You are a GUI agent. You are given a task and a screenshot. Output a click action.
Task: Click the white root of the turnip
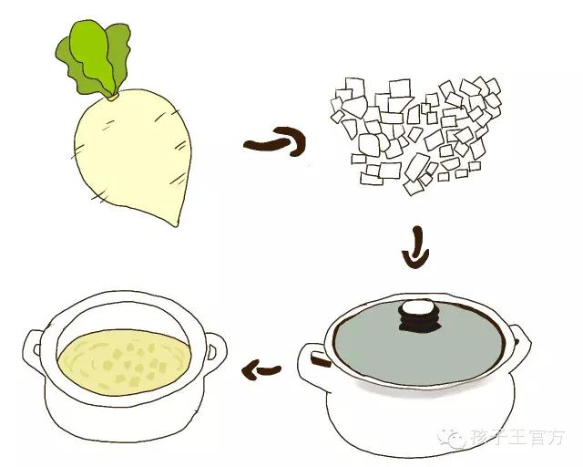pos(133,152)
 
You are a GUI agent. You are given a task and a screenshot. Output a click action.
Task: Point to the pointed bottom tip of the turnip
pos(176,225)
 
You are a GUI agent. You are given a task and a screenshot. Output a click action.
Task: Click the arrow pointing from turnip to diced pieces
pos(275,142)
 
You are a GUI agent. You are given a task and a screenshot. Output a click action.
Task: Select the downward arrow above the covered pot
pos(416,249)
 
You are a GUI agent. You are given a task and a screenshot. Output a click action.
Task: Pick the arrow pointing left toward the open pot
pos(261,370)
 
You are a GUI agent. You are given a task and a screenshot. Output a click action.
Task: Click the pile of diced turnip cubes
pos(415,135)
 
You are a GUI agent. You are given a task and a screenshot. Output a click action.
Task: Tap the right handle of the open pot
pos(216,350)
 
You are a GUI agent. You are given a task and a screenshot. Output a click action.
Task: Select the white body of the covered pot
pos(420,417)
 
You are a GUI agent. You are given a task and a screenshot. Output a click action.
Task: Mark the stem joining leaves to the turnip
pos(113,97)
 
